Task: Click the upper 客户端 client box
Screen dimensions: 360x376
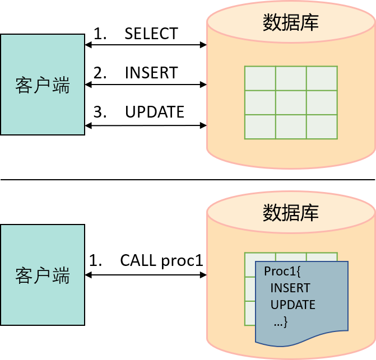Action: (42, 85)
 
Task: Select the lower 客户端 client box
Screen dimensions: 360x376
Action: (42, 275)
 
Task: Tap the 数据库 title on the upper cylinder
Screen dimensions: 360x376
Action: (291, 22)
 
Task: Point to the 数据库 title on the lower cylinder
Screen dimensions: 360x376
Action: (291, 212)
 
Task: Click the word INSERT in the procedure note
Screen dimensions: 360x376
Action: (290, 288)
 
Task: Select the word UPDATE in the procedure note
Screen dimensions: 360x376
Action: (293, 305)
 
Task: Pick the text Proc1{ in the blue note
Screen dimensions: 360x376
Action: (283, 272)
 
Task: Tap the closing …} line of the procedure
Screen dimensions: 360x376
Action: (281, 322)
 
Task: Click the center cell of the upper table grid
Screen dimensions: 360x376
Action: (291, 102)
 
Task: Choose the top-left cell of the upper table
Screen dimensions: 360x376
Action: (260, 78)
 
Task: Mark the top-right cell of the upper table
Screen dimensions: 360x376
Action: (322, 78)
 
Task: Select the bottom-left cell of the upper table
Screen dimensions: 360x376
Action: (260, 127)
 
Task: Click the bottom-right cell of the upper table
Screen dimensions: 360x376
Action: (322, 127)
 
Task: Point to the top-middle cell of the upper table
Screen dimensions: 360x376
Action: (291, 78)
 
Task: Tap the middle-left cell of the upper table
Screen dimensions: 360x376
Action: (260, 102)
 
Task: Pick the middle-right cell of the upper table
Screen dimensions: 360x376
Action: (322, 102)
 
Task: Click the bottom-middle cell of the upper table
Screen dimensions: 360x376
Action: (291, 127)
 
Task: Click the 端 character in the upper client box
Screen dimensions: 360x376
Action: (61, 86)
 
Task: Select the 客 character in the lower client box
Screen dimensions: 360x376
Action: (24, 276)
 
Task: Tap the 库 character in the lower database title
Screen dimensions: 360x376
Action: (310, 212)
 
